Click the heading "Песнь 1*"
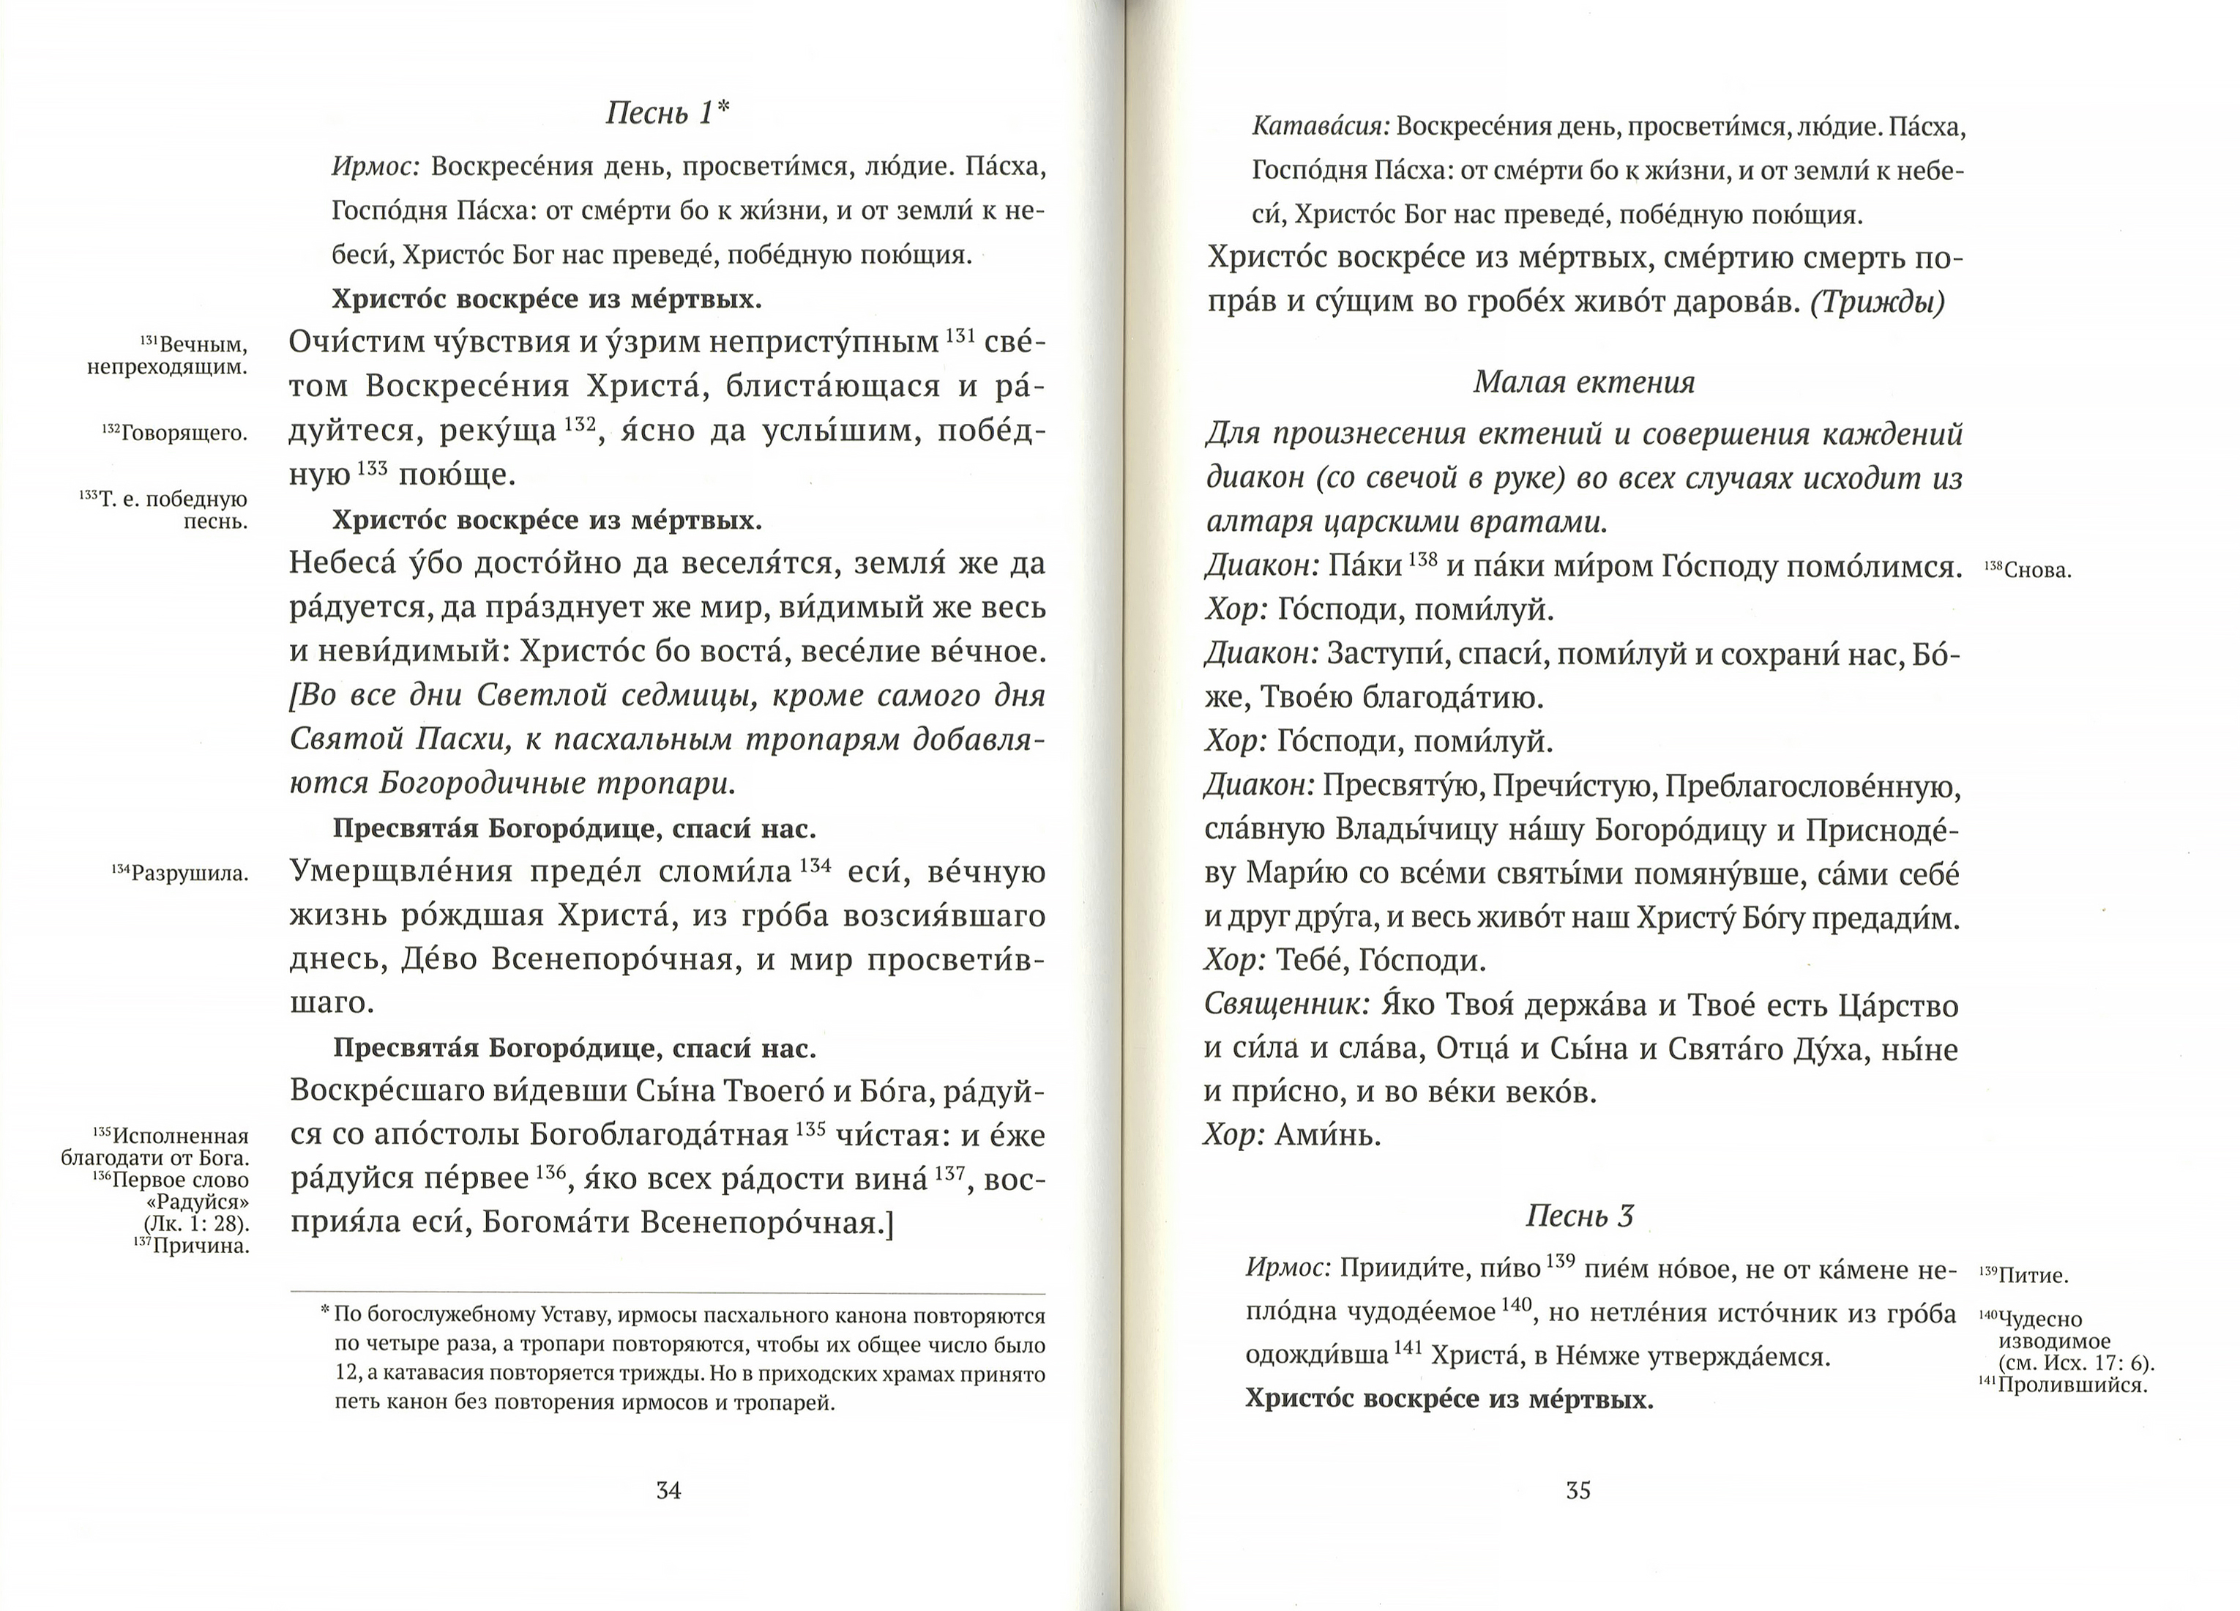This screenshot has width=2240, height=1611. (x=668, y=114)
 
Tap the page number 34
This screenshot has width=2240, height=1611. (x=668, y=1490)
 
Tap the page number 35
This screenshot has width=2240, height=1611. (x=1578, y=1490)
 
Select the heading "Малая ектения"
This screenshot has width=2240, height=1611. (x=1583, y=382)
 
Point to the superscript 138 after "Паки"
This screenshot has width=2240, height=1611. (x=1422, y=559)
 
